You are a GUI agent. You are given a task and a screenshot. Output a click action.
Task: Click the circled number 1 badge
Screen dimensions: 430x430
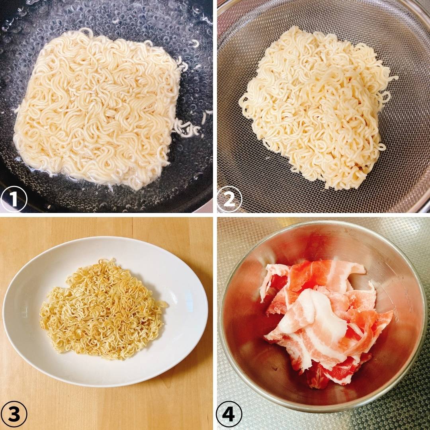click(x=14, y=199)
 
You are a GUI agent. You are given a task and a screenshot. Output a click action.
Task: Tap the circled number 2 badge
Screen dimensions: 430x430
click(x=229, y=199)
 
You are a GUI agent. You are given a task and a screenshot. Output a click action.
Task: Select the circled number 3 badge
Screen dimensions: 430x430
click(x=14, y=414)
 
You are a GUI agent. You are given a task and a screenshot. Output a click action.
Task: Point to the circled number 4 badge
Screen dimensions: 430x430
click(x=229, y=414)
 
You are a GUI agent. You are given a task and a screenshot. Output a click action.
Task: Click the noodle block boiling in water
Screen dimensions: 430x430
click(x=96, y=107)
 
